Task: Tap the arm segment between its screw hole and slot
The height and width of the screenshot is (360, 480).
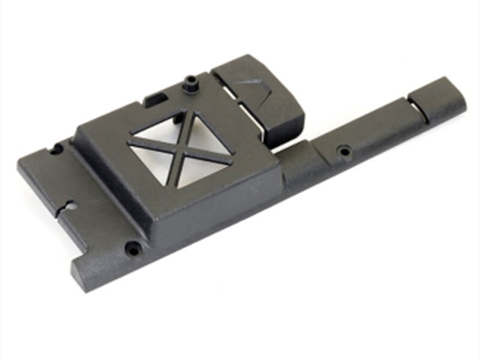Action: tap(379, 130)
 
